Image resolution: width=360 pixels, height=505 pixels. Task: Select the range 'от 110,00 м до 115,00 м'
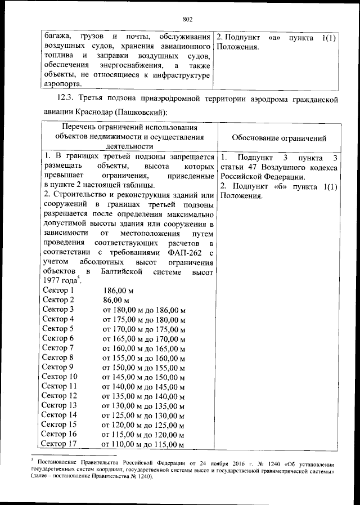(143, 444)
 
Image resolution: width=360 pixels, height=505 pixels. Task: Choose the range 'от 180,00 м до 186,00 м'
(143, 310)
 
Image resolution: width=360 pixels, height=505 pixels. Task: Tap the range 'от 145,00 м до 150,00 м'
(143, 377)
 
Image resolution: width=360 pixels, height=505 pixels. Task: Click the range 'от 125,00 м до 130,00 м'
(143, 415)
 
